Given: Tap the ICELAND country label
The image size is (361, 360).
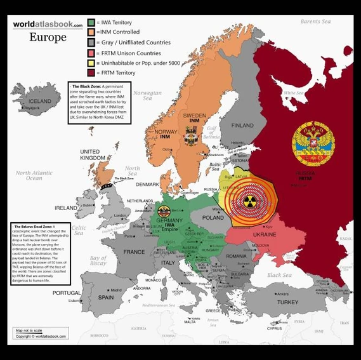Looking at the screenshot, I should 40,101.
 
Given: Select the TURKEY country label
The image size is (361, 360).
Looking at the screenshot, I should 287,302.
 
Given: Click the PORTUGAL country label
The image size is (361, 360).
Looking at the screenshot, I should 67,293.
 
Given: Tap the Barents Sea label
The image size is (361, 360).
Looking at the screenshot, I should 315,22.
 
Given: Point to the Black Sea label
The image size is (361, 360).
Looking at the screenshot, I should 279,275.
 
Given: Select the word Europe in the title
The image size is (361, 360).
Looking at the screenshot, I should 48,37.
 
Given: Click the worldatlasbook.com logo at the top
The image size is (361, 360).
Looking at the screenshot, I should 48,24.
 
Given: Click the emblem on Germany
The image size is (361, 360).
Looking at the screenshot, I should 164,211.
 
